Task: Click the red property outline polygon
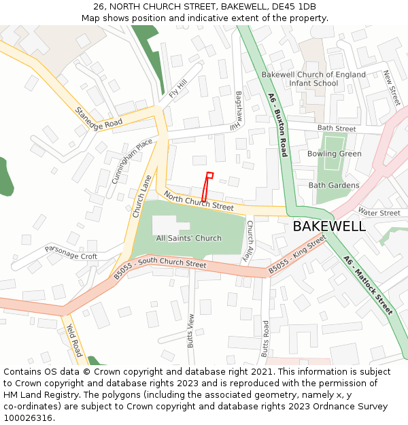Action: tap(206, 187)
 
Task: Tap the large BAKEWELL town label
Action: tap(329, 226)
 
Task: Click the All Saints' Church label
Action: tap(189, 238)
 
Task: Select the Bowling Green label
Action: tap(335, 154)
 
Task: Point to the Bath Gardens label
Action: tap(334, 185)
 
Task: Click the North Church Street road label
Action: tap(199, 201)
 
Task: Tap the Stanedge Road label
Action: tap(99, 117)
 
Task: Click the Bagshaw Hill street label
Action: tap(237, 110)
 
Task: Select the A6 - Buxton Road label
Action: tap(277, 125)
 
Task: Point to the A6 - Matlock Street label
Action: tap(369, 285)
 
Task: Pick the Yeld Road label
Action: tap(74, 340)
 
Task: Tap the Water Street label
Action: tap(379, 213)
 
